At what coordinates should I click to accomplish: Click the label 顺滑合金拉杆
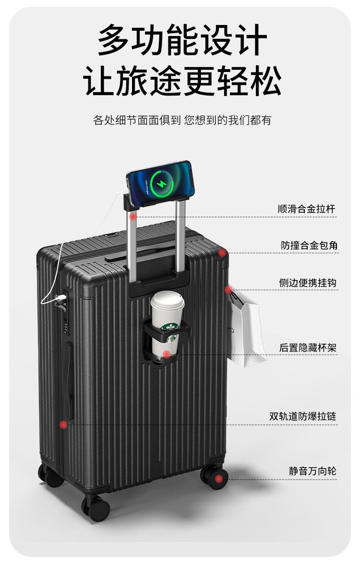click(x=306, y=209)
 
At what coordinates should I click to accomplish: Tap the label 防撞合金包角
click(x=309, y=245)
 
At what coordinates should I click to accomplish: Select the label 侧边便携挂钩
click(x=308, y=283)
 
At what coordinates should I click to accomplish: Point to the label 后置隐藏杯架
click(x=308, y=348)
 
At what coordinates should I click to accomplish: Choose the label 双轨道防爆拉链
click(x=302, y=416)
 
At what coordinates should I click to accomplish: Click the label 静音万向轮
click(x=312, y=471)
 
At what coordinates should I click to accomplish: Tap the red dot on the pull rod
click(x=133, y=217)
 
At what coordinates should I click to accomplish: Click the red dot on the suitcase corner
click(x=222, y=253)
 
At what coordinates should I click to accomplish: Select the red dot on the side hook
click(x=228, y=289)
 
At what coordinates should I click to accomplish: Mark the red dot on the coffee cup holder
click(x=166, y=354)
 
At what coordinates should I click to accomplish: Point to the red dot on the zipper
click(x=63, y=424)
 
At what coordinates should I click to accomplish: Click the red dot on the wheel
click(x=218, y=479)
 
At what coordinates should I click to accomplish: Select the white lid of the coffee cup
click(x=167, y=300)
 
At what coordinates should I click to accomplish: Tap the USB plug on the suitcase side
click(x=60, y=298)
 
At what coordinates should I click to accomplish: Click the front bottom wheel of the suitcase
click(x=96, y=508)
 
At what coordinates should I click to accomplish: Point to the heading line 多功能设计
click(x=182, y=40)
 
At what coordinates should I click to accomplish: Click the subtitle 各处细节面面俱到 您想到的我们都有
click(x=182, y=120)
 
